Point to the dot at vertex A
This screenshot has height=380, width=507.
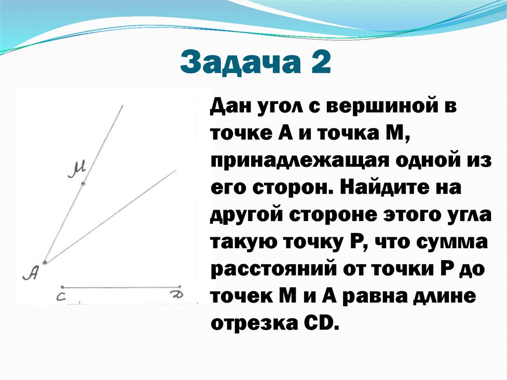45,263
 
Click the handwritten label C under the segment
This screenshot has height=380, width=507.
60,296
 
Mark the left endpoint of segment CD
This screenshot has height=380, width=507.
62,286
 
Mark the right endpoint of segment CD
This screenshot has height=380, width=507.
180,286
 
